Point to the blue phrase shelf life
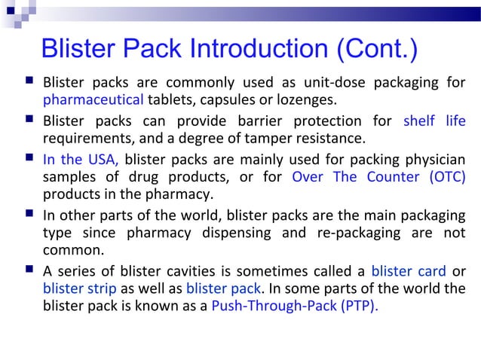[x=434, y=121]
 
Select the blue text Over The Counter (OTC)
[x=378, y=177]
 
